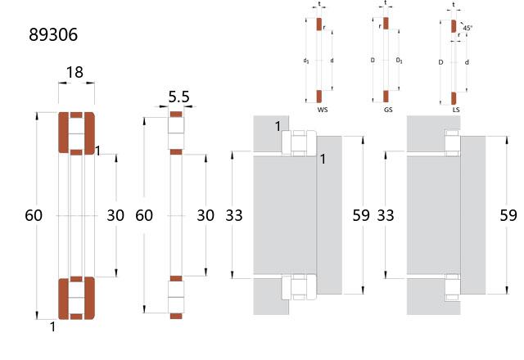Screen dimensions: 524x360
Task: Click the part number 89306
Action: tap(53, 34)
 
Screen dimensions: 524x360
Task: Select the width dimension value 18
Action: tap(75, 72)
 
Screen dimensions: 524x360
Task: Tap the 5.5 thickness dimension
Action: tap(178, 97)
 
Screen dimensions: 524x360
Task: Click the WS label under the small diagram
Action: tap(323, 110)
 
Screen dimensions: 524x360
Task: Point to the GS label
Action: tap(388, 110)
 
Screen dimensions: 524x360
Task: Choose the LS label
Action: tap(456, 110)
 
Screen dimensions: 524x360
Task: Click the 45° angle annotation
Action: tap(468, 28)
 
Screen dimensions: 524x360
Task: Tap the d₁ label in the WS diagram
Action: tap(306, 61)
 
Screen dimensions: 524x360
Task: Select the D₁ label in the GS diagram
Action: tap(399, 61)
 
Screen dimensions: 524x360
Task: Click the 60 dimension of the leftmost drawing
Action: tap(34, 215)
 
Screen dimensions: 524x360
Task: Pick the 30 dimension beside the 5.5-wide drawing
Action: tap(206, 215)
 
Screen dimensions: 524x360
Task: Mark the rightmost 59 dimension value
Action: tap(508, 215)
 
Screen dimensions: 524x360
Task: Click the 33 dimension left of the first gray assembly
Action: tap(234, 215)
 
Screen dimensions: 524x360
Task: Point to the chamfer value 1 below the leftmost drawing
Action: tap(52, 327)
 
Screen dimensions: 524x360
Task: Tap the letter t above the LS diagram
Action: tap(454, 5)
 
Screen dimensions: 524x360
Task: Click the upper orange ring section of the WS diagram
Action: tap(319, 25)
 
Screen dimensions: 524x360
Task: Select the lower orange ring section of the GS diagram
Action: tap(386, 97)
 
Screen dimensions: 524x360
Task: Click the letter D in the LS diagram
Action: tap(440, 62)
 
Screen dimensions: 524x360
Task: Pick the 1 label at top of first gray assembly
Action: tap(278, 127)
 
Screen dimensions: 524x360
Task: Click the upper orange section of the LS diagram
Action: tap(454, 26)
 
